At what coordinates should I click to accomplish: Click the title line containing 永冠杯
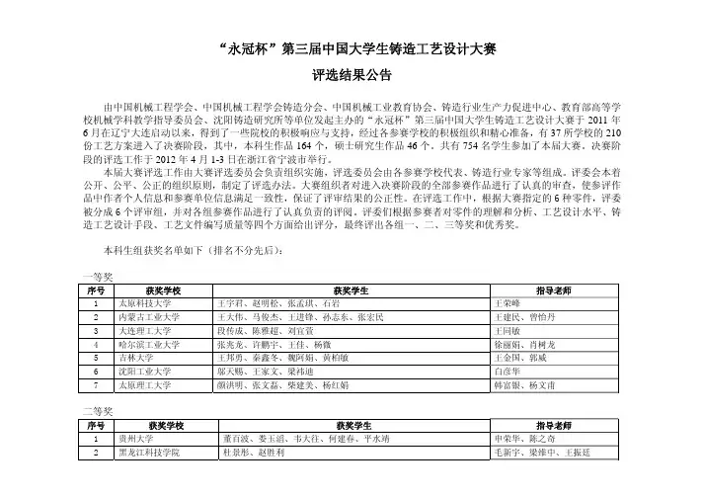[x=352, y=50]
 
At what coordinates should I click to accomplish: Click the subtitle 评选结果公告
[x=352, y=75]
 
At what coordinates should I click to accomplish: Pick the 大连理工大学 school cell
[x=147, y=332]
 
